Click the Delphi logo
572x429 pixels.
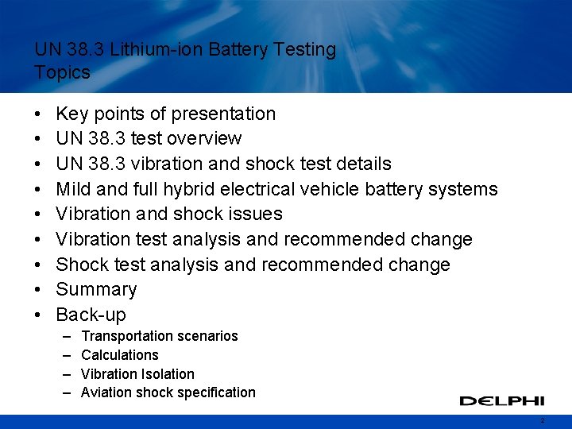(501, 400)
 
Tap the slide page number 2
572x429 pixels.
(542, 420)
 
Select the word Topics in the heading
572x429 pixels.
(63, 72)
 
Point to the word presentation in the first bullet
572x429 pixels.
(224, 114)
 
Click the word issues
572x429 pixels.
(255, 214)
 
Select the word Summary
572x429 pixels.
(96, 289)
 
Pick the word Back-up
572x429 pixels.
(91, 315)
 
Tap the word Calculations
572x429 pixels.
(120, 355)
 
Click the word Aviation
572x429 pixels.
(106, 392)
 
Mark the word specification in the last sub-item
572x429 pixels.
(214, 392)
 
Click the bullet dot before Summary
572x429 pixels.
(39, 290)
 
